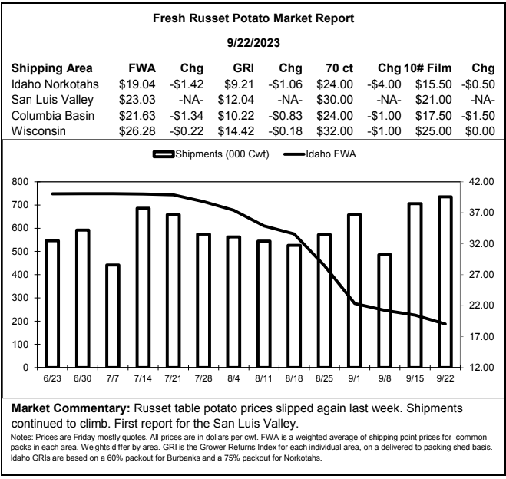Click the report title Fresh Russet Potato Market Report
point(253,18)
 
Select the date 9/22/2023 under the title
point(253,43)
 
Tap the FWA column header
point(142,68)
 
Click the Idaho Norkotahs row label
point(55,84)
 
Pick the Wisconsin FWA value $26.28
point(137,131)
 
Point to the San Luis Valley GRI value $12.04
point(236,100)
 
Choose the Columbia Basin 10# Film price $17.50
point(433,116)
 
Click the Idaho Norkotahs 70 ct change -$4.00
point(384,84)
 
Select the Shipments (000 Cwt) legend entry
point(211,154)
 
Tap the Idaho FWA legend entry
point(319,154)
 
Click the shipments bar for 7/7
point(113,315)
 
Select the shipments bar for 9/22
point(445,282)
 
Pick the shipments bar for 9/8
point(385,311)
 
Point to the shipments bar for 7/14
point(143,287)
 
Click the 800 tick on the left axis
point(20,182)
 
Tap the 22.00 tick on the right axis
point(481,306)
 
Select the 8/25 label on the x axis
point(324,378)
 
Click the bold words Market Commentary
point(71,408)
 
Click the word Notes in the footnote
point(21,438)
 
